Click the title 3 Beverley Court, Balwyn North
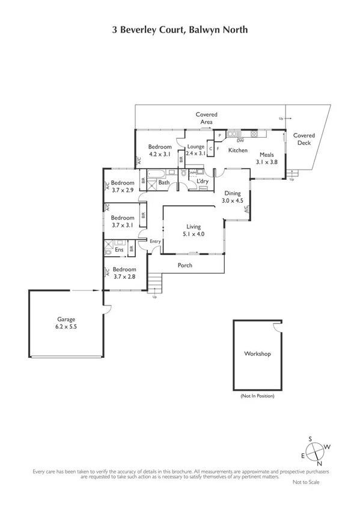pos(180,29)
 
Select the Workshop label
pos(257,354)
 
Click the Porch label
pos(185,265)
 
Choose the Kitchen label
pos(238,150)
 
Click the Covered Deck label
pos(304,140)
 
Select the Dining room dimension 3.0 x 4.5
pos(233,201)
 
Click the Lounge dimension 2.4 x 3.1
pos(196,153)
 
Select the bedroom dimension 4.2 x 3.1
pos(160,154)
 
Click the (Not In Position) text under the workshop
pos(257,396)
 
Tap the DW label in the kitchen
pos(240,140)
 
